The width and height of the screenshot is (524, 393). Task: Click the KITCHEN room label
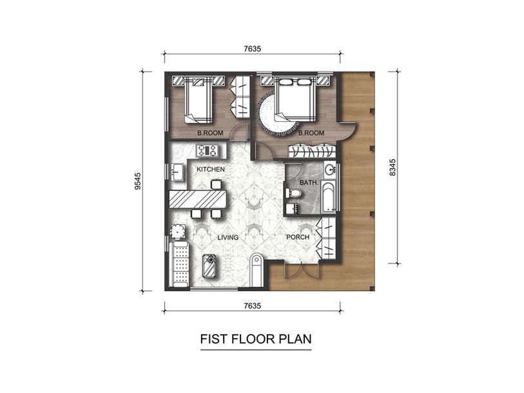(211, 169)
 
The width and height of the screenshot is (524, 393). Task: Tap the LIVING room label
(228, 238)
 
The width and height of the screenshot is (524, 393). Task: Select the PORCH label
(298, 237)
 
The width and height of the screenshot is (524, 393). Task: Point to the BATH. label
(309, 183)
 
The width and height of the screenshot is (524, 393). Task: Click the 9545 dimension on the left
(138, 181)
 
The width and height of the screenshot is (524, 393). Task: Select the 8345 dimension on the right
(393, 167)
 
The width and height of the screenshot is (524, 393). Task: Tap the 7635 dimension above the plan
(252, 49)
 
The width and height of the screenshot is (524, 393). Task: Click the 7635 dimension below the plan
(252, 306)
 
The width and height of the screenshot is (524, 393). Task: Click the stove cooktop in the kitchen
(207, 150)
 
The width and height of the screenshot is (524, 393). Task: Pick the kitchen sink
(177, 172)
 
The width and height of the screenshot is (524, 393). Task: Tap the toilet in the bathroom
(293, 193)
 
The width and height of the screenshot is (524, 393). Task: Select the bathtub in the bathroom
(328, 198)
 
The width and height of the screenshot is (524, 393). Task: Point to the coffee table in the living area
(209, 266)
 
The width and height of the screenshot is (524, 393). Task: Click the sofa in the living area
(180, 264)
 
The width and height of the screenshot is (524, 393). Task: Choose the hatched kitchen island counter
(198, 199)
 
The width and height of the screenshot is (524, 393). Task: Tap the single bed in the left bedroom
(198, 99)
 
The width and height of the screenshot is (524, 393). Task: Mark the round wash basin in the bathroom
(330, 168)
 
